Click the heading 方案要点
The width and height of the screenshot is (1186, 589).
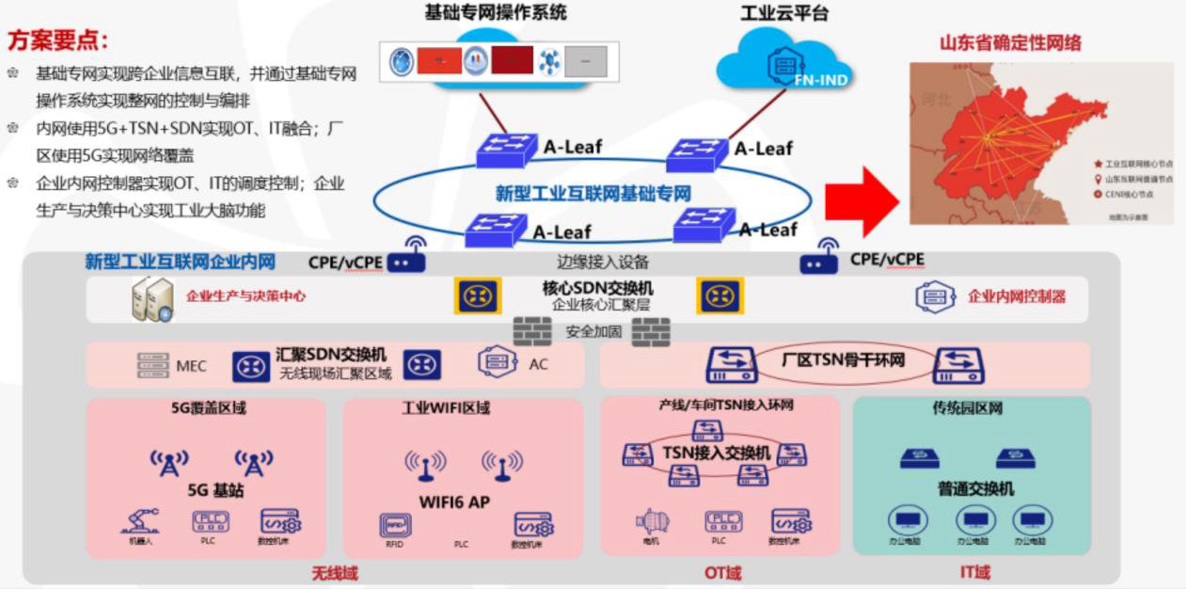[57, 40]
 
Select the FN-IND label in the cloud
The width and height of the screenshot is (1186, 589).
[821, 80]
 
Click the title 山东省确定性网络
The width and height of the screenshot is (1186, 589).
[1010, 43]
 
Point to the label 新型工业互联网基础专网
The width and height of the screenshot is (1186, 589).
[593, 194]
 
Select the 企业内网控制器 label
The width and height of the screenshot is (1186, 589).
[1017, 296]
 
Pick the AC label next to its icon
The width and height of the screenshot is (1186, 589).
[538, 364]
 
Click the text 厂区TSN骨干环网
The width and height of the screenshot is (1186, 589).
[843, 360]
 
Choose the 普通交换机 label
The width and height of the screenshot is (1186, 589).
[975, 489]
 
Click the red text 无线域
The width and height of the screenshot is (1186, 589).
[334, 572]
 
